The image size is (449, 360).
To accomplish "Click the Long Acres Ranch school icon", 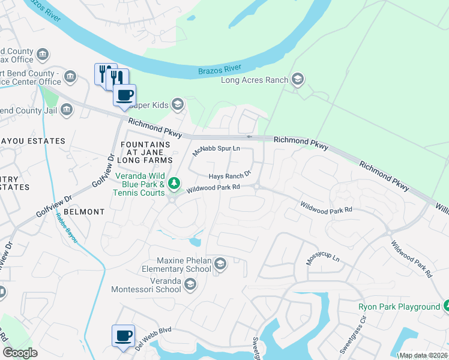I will (297, 80).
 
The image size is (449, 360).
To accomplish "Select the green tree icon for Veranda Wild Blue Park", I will (174, 182).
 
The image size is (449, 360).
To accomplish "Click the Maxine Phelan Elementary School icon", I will (220, 265).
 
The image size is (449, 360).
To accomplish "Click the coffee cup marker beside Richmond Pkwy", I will (125, 95).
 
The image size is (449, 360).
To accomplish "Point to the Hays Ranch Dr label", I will (229, 176).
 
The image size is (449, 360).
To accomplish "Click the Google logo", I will (20, 353).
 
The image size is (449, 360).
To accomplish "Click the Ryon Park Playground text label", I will (399, 307).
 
